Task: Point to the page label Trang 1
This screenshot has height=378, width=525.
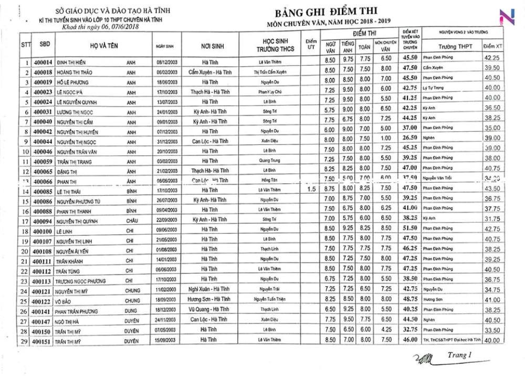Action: click(x=460, y=355)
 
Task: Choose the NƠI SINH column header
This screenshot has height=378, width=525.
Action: click(x=213, y=46)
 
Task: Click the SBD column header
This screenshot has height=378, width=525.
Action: click(x=45, y=45)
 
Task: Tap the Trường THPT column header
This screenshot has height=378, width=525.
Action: click(x=455, y=47)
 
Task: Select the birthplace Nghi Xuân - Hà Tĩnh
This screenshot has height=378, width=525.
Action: click(x=213, y=289)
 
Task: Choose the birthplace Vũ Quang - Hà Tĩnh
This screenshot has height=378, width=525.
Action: click(x=213, y=309)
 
